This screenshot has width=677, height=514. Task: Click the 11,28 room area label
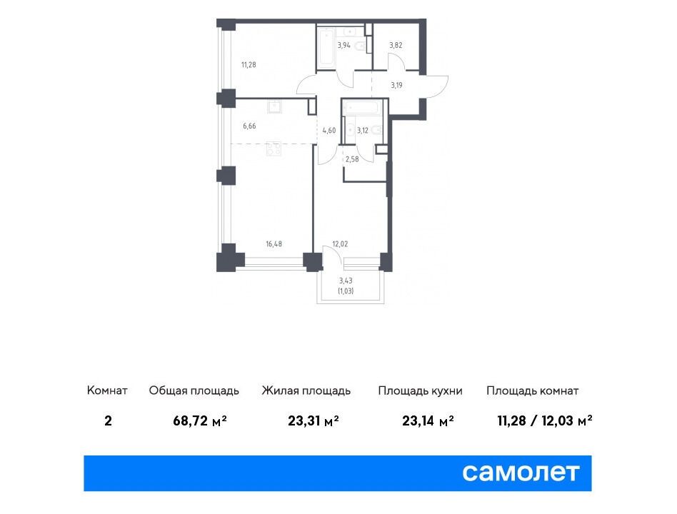tap(249, 65)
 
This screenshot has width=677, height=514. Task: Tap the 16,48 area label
tap(274, 244)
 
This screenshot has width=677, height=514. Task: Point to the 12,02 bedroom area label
tap(340, 244)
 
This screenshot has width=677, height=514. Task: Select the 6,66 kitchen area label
tap(249, 126)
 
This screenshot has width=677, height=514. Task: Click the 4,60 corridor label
tap(329, 131)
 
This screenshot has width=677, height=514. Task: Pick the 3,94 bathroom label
tap(343, 45)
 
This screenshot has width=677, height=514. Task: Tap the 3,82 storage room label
tap(396, 45)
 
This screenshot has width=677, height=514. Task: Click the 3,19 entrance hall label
tap(397, 85)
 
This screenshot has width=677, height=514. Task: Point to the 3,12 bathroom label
tap(363, 131)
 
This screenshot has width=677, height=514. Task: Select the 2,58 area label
tap(352, 159)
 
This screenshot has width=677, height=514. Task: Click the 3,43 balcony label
tap(346, 281)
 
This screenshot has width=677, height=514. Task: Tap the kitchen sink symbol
tap(275, 106)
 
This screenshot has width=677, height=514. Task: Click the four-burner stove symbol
tap(274, 148)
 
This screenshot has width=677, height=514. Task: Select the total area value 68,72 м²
tap(200, 420)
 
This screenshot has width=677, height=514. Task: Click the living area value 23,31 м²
tap(313, 420)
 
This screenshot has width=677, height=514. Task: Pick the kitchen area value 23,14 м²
tap(428, 420)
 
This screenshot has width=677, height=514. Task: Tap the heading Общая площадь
tap(194, 391)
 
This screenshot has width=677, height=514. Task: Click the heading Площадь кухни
tap(420, 391)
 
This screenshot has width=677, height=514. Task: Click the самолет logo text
tap(521, 473)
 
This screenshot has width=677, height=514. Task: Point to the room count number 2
tap(108, 420)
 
